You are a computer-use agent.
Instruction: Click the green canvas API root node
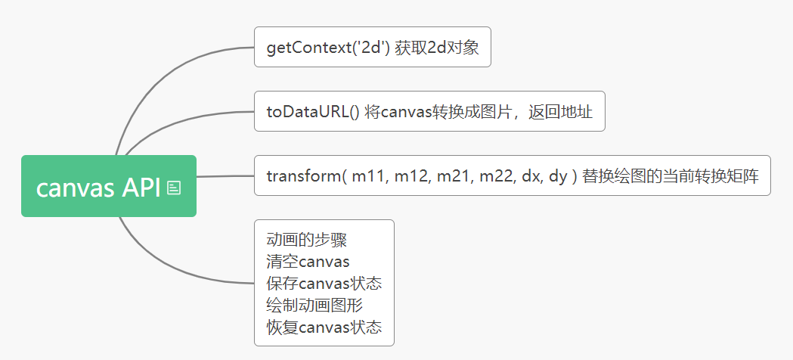tap(109, 186)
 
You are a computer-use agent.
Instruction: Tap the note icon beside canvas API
tap(173, 188)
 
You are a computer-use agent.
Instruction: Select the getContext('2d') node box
tap(372, 47)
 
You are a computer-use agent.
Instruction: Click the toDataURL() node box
tap(429, 111)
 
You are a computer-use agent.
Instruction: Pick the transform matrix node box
tap(513, 175)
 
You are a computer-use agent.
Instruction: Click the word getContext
tap(309, 48)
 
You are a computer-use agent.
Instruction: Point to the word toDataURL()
tap(312, 112)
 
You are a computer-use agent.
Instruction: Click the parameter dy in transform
tap(558, 177)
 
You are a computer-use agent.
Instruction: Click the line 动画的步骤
tap(306, 240)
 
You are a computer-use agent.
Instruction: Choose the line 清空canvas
tap(308, 262)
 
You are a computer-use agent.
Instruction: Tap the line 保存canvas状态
tap(324, 284)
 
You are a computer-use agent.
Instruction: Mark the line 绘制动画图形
tap(314, 306)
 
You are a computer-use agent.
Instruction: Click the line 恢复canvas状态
tap(324, 327)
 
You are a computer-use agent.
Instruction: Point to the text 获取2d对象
tap(436, 48)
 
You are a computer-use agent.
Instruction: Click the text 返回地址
tap(560, 112)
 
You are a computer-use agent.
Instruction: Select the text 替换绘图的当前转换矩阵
tap(671, 176)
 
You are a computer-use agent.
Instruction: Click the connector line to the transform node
tap(225, 176)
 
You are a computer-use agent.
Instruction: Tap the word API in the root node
tap(141, 188)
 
